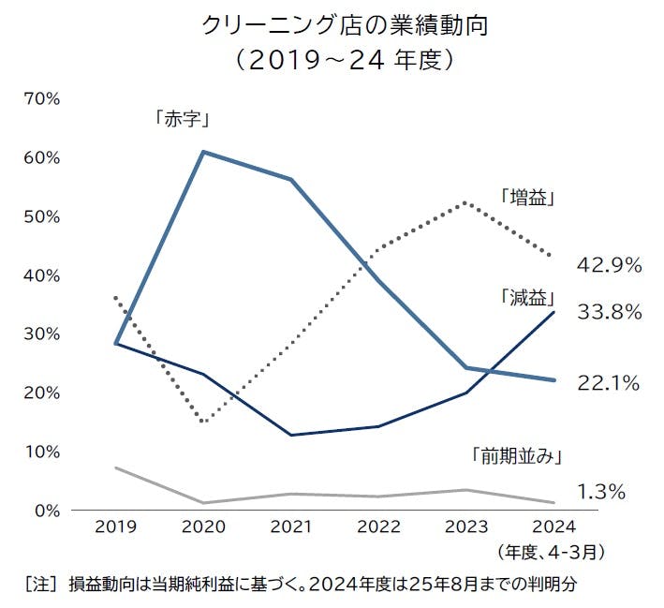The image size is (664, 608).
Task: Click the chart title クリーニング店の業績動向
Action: (x=345, y=25)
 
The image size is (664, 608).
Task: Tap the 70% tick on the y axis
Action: (x=42, y=98)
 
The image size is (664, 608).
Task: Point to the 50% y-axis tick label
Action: (x=42, y=216)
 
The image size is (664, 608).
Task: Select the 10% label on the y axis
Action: (x=42, y=452)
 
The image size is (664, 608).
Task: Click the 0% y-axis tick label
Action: (x=47, y=511)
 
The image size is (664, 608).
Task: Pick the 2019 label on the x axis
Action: (x=115, y=528)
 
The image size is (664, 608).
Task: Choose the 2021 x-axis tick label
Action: (x=292, y=528)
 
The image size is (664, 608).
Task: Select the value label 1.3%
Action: (x=601, y=491)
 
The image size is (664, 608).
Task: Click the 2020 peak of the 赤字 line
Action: (x=203, y=152)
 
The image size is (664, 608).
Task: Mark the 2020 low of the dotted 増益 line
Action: (x=203, y=421)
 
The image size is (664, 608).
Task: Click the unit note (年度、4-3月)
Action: (x=550, y=551)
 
